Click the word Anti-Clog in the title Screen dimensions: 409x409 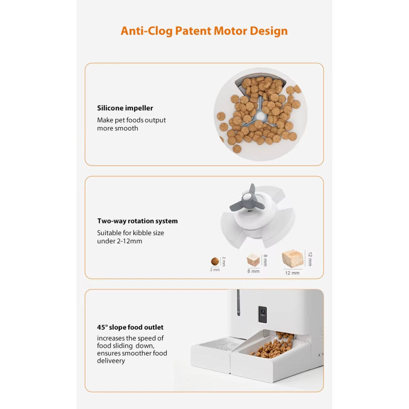click(146, 31)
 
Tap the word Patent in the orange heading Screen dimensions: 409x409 click(193, 31)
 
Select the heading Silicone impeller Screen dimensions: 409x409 click(125, 108)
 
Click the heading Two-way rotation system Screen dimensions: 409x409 click(137, 221)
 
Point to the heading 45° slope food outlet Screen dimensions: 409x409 click(130, 327)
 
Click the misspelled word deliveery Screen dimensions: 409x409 click(111, 361)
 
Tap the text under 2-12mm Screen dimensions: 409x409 click(119, 241)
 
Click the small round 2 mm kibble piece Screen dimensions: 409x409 click(215, 261)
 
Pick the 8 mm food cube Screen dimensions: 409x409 click(253, 260)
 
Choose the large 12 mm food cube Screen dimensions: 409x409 click(293, 258)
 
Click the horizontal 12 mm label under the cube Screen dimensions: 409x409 click(292, 273)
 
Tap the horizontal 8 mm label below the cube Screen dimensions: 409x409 click(253, 271)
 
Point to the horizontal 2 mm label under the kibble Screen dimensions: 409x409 click(215, 270)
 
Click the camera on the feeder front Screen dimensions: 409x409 click(263, 314)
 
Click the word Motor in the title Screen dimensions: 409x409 click(230, 31)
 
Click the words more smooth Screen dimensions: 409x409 click(117, 128)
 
